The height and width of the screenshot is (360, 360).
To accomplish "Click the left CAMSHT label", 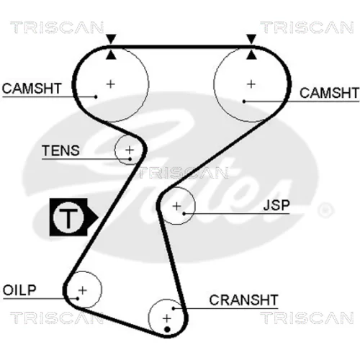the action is click(x=32, y=89).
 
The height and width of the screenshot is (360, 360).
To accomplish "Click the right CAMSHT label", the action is click(x=329, y=93).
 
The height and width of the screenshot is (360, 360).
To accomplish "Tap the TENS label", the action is click(x=60, y=150).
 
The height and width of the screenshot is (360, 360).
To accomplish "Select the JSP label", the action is click(x=276, y=205).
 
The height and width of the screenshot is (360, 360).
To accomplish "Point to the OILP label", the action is click(x=19, y=290).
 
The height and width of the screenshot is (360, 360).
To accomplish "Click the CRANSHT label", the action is click(x=243, y=300).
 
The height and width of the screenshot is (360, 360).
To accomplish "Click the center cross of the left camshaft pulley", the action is click(x=111, y=84).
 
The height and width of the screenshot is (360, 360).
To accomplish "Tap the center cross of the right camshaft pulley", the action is click(x=251, y=84).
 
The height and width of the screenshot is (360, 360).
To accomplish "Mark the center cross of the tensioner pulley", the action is click(x=130, y=150).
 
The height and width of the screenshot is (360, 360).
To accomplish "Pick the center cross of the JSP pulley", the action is click(x=177, y=206).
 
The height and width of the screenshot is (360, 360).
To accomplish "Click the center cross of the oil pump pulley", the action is click(x=83, y=290).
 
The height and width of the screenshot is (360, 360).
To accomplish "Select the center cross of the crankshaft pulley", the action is click(x=167, y=319).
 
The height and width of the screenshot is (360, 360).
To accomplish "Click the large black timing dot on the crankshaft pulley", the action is click(x=168, y=330).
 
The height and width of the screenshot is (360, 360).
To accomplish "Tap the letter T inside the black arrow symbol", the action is click(x=68, y=218).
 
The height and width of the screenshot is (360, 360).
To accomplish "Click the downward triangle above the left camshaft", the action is click(x=111, y=39).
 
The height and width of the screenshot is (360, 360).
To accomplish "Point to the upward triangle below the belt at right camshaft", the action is click(x=251, y=55).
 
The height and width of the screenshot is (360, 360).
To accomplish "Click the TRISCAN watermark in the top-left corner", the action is click(x=57, y=27).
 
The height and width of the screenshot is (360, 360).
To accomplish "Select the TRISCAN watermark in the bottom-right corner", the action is click(x=307, y=318).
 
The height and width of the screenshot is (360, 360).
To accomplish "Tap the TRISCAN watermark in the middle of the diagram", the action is click(x=183, y=173).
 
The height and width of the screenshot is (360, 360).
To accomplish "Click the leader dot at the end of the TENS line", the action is click(x=130, y=159).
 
